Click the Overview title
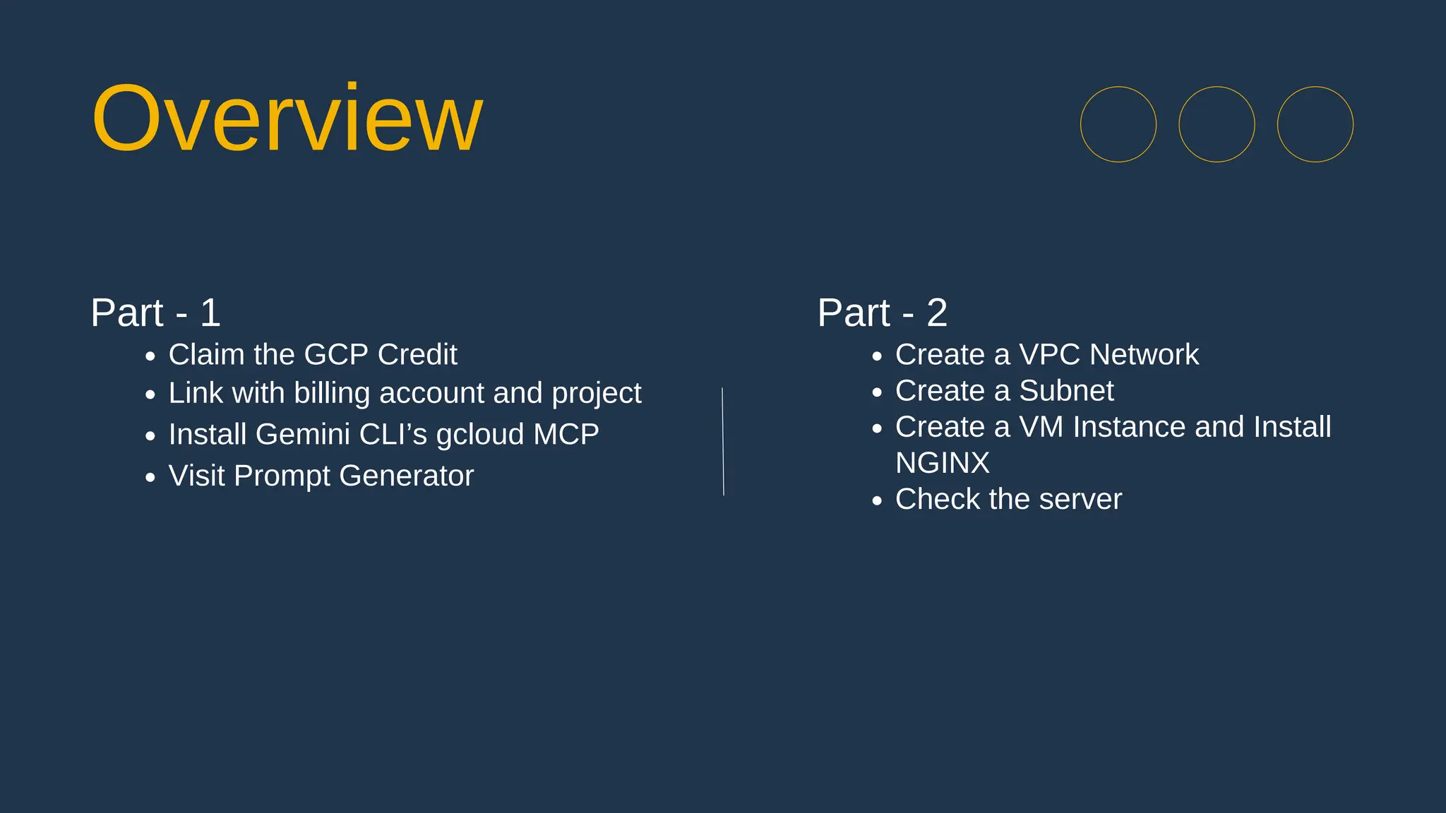tap(287, 119)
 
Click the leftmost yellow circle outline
tap(1118, 125)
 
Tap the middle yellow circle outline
tap(1217, 125)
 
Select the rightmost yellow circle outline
tap(1315, 125)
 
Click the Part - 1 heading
tap(155, 313)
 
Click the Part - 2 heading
tap(882, 313)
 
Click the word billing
tap(332, 393)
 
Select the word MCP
tap(566, 434)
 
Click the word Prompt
tap(282, 476)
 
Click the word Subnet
tap(1066, 391)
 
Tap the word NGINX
tap(942, 464)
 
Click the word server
tap(1080, 500)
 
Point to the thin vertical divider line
tap(723, 441)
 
